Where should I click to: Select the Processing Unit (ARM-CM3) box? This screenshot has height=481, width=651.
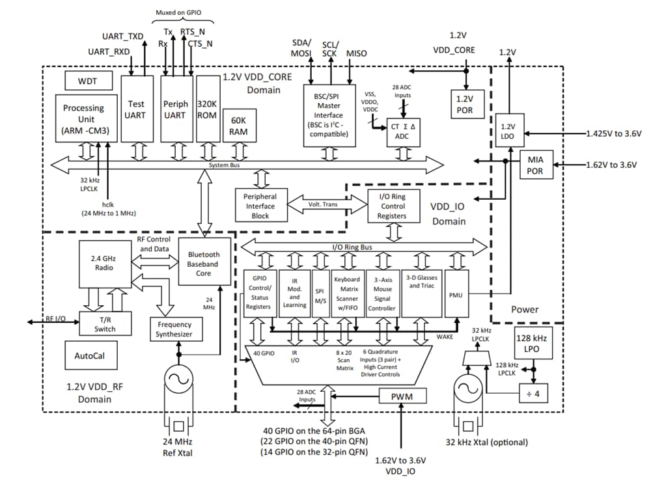click(x=83, y=119)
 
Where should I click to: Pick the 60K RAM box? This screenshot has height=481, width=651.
click(x=239, y=126)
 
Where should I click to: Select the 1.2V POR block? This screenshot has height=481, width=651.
click(x=465, y=103)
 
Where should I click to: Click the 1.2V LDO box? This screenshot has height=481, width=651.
click(x=506, y=131)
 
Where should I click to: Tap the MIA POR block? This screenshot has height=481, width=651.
click(x=536, y=164)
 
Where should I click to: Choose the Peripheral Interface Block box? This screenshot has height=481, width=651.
click(x=260, y=206)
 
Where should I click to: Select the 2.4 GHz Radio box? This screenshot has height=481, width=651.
click(x=104, y=264)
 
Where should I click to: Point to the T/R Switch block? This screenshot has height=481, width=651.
click(x=104, y=323)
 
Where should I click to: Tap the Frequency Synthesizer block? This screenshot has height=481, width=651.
click(x=174, y=329)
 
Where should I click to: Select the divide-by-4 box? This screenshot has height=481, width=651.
click(x=534, y=392)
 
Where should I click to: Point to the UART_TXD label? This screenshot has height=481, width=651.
click(x=123, y=36)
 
